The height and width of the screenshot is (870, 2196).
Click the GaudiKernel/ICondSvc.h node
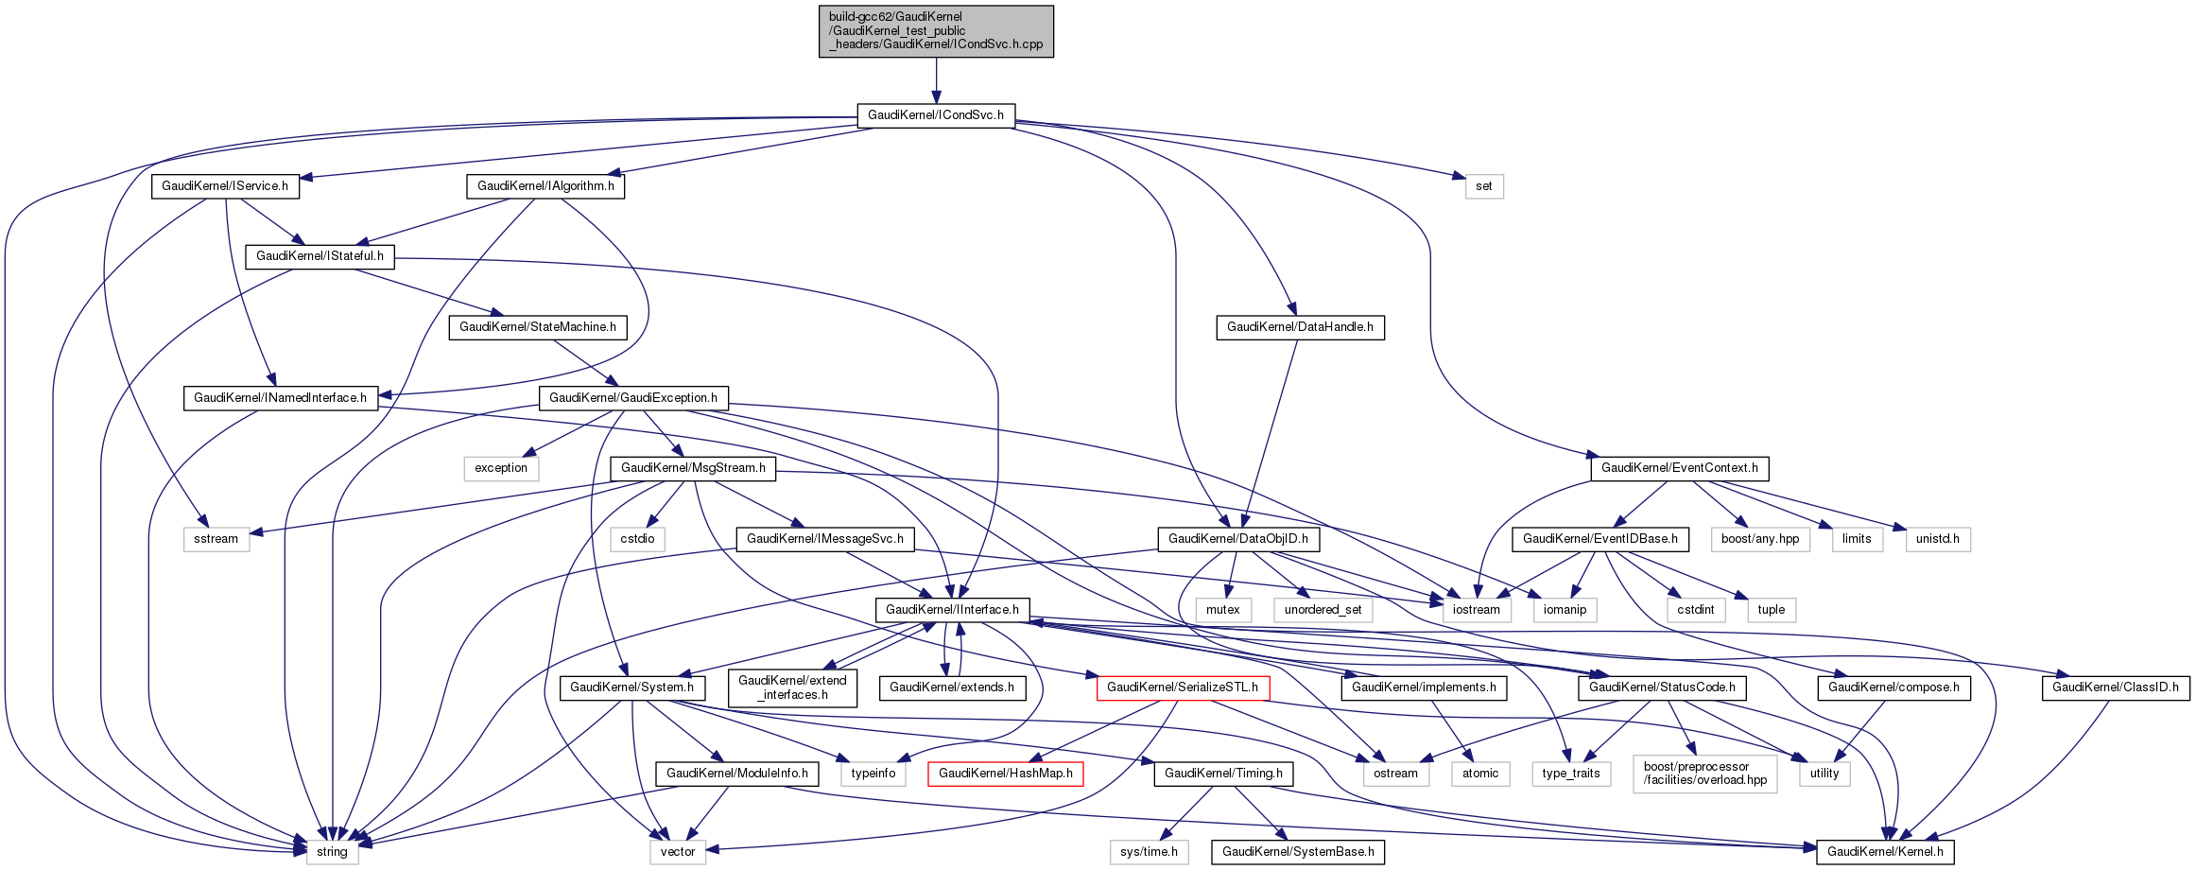click(x=936, y=115)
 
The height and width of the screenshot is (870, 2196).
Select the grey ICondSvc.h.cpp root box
click(x=936, y=31)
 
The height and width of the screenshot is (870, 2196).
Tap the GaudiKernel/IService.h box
click(x=225, y=186)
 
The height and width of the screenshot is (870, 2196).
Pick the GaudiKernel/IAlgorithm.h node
click(x=545, y=186)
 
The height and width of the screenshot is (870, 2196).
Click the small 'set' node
click(x=1483, y=186)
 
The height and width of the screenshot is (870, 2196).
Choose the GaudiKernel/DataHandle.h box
click(x=1300, y=327)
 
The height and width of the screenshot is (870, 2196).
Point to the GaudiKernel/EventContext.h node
click(x=1679, y=468)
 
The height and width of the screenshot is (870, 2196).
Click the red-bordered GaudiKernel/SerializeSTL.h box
click(x=1182, y=687)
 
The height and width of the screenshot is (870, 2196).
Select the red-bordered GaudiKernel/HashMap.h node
click(x=1005, y=774)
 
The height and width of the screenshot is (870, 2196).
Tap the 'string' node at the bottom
click(x=332, y=852)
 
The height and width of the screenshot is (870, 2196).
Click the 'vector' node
click(x=678, y=852)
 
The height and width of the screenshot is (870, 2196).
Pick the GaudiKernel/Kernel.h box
click(x=1885, y=852)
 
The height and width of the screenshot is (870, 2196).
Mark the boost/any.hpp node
click(x=1759, y=539)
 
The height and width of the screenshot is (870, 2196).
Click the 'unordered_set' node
click(x=1323, y=610)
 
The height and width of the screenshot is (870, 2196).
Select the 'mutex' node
click(x=1222, y=610)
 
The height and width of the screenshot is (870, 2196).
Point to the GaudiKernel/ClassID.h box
click(x=2115, y=687)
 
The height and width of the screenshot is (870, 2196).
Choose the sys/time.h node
click(x=1149, y=852)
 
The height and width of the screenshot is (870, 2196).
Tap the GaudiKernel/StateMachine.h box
click(x=537, y=327)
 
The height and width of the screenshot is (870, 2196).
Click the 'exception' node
click(x=501, y=468)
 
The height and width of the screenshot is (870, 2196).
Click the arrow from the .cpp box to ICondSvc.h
click(x=936, y=80)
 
